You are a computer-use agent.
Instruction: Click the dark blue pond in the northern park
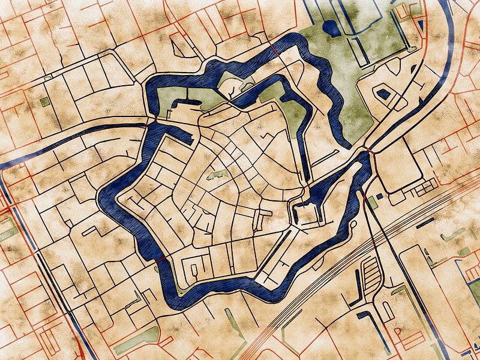point(329,27)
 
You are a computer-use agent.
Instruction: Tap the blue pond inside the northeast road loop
point(382,94)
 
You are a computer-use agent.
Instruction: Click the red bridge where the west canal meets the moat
point(148,124)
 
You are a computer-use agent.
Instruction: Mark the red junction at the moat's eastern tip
point(367,148)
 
